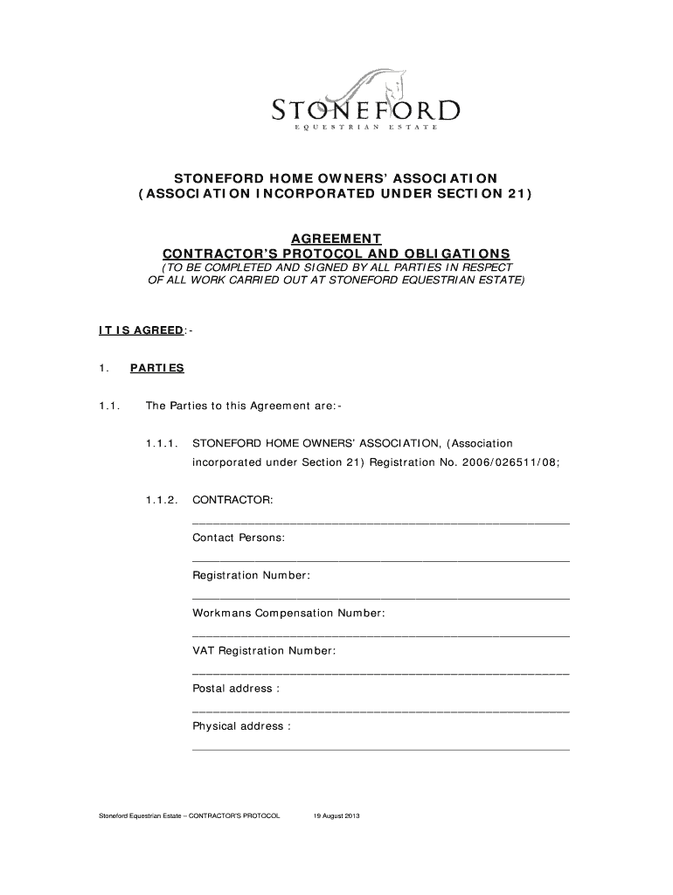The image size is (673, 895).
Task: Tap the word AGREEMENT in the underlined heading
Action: point(336,238)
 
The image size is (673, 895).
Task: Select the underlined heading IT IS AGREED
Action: point(140,330)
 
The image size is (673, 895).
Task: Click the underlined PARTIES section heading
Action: point(157,368)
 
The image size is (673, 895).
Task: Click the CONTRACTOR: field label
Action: point(232,500)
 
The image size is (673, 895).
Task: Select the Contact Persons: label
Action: point(239,538)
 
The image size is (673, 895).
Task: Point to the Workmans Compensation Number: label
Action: point(288,613)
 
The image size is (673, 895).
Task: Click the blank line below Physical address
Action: point(380,749)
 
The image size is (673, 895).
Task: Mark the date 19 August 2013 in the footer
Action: point(337,816)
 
